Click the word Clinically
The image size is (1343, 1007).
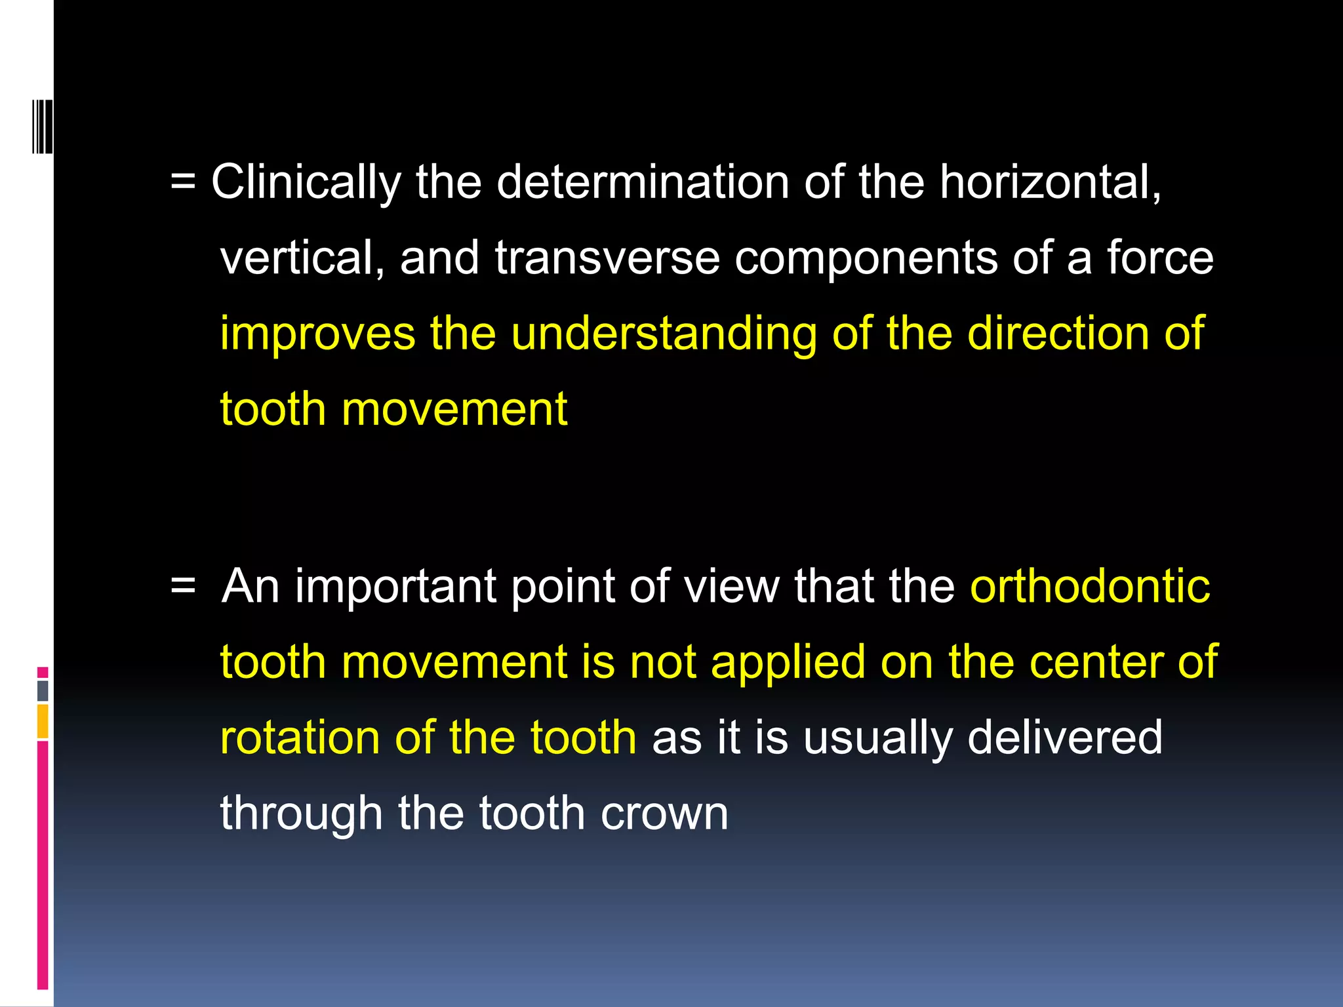coord(306,182)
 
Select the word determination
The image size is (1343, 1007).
coord(643,182)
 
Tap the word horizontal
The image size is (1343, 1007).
coord(1049,182)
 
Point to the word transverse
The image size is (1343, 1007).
coord(607,258)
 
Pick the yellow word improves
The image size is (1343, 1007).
coord(317,334)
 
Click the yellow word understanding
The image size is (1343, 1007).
coord(664,334)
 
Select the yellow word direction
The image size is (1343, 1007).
coord(1058,333)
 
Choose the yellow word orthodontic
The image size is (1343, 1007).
coord(1090,585)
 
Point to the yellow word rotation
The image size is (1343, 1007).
coord(300,738)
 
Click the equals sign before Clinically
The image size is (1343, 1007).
coord(183,184)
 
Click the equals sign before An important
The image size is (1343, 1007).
coord(183,587)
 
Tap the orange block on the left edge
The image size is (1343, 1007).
coord(43,721)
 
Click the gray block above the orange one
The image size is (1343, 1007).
coord(43,690)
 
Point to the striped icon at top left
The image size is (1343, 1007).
coord(43,126)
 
